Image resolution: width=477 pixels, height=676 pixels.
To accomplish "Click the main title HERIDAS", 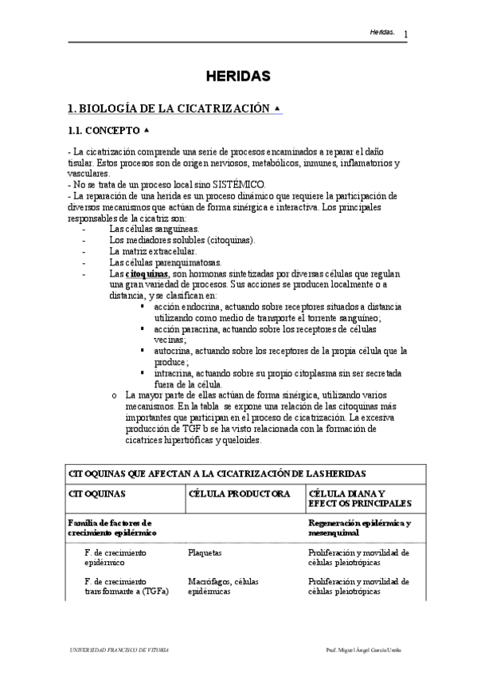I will [238, 77].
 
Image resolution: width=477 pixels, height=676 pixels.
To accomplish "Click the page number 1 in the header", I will [405, 34].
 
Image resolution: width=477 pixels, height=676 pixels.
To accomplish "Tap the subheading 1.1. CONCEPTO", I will [104, 130].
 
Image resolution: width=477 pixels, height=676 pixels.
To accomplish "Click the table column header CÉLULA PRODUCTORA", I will [239, 493].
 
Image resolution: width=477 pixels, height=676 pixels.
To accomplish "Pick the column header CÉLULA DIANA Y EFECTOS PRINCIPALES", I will [359, 498].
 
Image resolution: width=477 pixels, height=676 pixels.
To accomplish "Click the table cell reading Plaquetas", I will [205, 551].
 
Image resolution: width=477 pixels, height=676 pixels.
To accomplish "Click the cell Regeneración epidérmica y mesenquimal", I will [359, 527].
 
